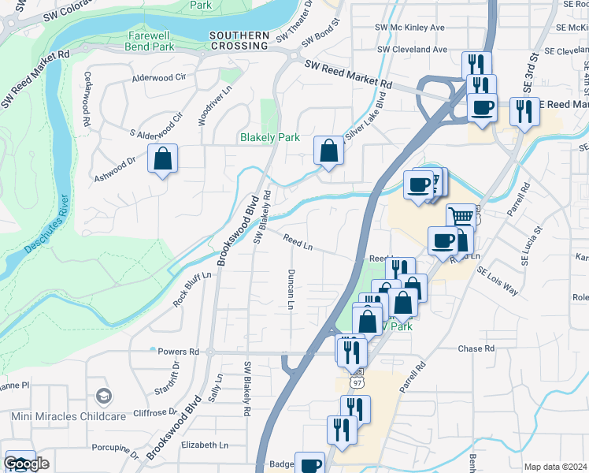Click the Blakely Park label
pos(269,137)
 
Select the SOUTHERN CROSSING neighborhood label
pos(239,41)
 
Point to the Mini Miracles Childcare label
pos(69,415)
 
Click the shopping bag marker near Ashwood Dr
pos(162,158)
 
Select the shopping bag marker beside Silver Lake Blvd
pos(328,150)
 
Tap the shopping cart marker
pos(461,215)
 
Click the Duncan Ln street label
pos(291,289)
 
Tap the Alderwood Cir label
pos(159,78)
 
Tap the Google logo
pos(27,464)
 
